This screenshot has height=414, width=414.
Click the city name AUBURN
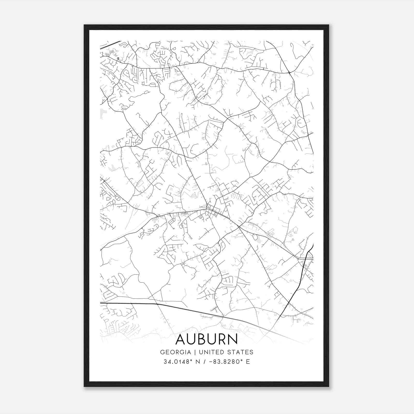click(206, 339)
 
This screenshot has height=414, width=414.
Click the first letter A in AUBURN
click(180, 339)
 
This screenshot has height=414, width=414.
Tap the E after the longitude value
click(248, 362)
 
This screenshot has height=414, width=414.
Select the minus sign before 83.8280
click(211, 362)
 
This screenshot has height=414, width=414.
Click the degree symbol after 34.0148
click(191, 360)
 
